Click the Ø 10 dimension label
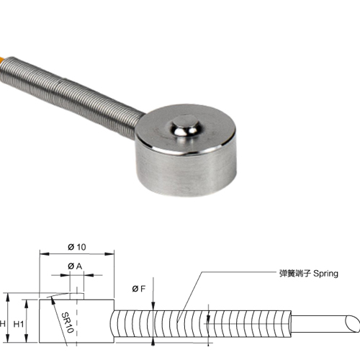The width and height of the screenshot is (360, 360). click(x=77, y=247)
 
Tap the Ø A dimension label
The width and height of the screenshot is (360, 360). click(x=75, y=266)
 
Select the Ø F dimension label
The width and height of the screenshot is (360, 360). click(x=139, y=289)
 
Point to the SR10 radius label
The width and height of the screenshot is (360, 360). click(x=67, y=323)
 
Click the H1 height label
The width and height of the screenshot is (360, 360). click(x=19, y=324)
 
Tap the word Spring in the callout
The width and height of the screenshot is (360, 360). click(x=325, y=274)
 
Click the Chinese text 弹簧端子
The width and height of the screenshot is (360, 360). click(x=295, y=274)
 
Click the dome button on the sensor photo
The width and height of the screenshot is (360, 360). click(x=184, y=126)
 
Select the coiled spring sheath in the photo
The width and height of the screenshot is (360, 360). click(x=70, y=96)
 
